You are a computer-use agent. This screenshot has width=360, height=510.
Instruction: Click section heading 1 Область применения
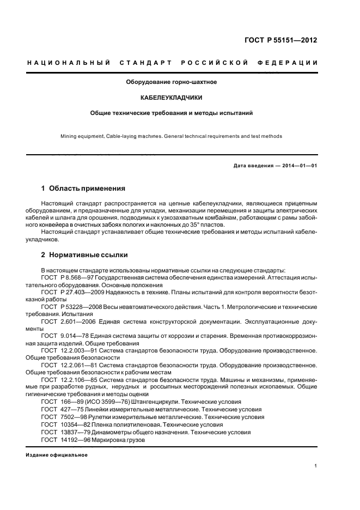tap(83, 189)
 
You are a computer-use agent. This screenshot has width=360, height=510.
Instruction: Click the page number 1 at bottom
tap(315, 466)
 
